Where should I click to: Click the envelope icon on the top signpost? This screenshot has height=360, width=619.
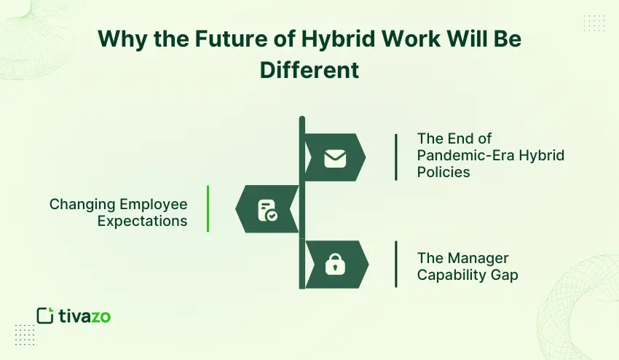(335, 157)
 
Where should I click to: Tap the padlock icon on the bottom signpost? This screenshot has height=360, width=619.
(335, 265)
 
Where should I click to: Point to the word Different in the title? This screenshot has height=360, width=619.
(309, 69)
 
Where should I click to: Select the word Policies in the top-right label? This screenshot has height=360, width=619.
(443, 172)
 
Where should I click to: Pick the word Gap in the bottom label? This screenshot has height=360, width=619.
(503, 275)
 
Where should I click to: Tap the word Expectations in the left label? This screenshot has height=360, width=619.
(143, 221)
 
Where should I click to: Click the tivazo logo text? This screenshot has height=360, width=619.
(86, 316)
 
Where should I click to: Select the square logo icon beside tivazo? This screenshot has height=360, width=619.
(45, 316)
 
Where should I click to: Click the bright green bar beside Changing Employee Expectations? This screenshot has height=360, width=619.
(208, 208)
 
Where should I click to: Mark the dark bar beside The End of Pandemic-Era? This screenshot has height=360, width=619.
(396, 156)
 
